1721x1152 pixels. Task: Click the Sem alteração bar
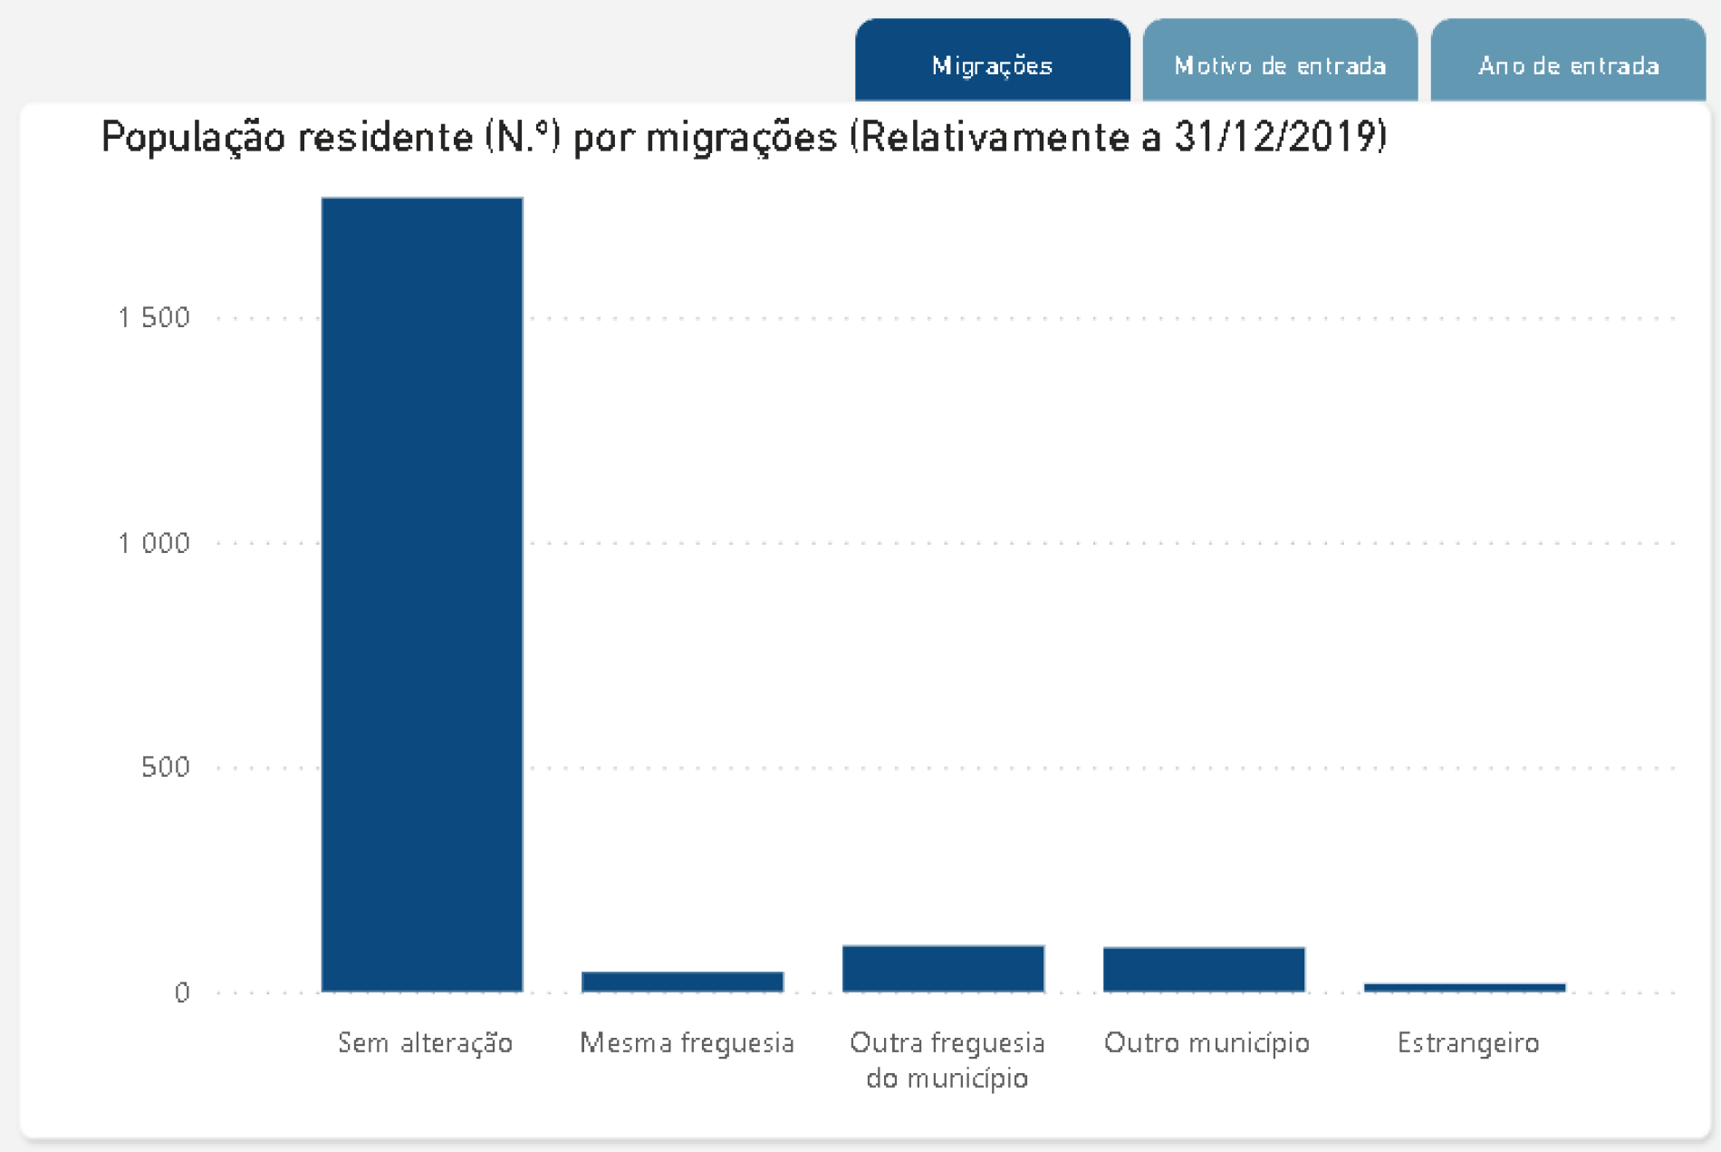422,594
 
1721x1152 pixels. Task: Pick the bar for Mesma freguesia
682,982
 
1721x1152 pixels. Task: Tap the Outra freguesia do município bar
943,968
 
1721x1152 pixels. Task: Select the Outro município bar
1204,969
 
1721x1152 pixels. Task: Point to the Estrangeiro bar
1465,987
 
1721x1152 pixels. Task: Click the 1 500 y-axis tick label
154,317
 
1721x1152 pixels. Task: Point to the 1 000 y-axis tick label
154,543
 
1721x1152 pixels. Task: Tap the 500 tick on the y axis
166,767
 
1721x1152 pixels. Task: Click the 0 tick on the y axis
182,992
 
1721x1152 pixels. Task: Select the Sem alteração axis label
425,1042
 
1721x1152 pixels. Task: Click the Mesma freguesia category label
687,1042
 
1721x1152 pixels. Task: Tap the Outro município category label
1207,1042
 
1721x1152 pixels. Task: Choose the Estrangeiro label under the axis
1468,1042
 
